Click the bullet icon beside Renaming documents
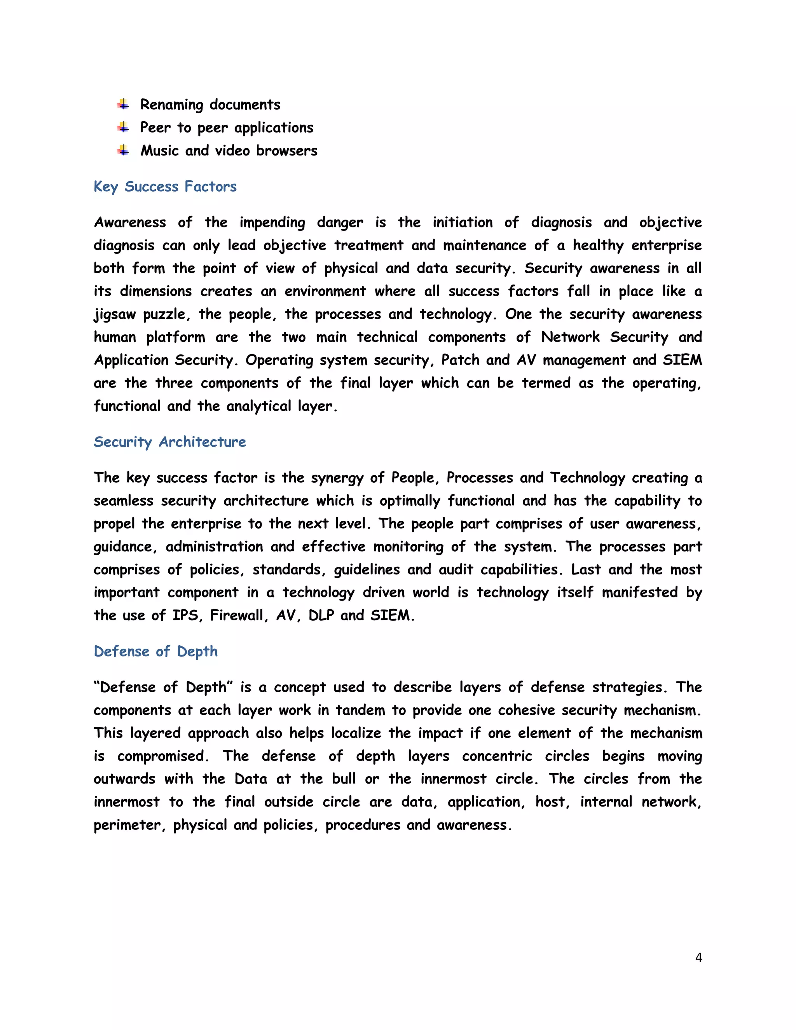click(123, 104)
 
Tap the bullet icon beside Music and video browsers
click(123, 150)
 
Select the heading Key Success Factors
click(165, 187)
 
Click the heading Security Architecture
click(170, 442)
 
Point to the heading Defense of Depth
click(155, 651)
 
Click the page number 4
click(698, 957)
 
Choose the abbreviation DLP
click(321, 615)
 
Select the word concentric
click(497, 756)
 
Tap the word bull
click(343, 779)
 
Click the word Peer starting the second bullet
click(155, 127)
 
